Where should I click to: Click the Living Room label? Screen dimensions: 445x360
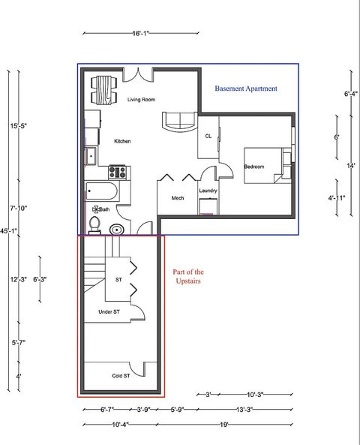[x=141, y=99]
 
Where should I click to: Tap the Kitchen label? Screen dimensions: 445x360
[x=123, y=141]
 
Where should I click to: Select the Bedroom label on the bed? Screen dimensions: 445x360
[x=254, y=167]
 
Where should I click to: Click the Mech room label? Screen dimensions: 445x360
[x=178, y=198]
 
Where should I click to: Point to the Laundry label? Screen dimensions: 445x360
[x=208, y=191]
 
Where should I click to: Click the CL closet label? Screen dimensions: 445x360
[x=208, y=136]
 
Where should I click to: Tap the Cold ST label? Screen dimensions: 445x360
[x=121, y=375]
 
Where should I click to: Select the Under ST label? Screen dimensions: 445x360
[x=109, y=311]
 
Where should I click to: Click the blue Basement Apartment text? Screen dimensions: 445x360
[x=246, y=89]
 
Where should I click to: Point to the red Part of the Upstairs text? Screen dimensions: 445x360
[x=188, y=277]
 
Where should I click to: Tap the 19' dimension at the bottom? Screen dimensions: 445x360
[x=224, y=425]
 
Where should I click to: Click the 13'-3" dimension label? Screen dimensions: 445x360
[x=244, y=410]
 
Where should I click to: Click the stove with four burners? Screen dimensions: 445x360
[x=117, y=171]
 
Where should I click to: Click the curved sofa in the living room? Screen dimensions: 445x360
[x=179, y=120]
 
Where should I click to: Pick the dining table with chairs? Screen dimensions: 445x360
[x=101, y=90]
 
